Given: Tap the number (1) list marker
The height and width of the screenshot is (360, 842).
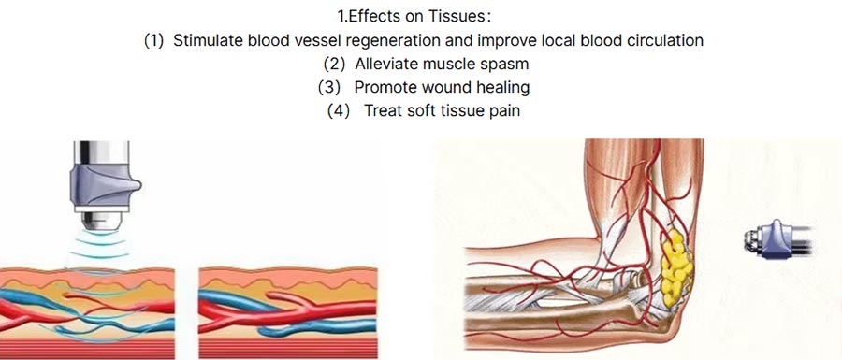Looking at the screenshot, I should (x=153, y=41).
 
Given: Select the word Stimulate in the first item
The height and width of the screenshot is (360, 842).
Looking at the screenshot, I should (x=209, y=41).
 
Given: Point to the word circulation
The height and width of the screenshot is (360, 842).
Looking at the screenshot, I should (x=662, y=41).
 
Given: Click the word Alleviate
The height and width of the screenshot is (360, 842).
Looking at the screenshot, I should (x=387, y=65).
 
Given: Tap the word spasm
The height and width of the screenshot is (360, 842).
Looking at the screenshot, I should (x=501, y=65).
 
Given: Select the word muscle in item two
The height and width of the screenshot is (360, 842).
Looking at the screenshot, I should (x=450, y=65).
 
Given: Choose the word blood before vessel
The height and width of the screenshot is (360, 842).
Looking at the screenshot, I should (x=269, y=41).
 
